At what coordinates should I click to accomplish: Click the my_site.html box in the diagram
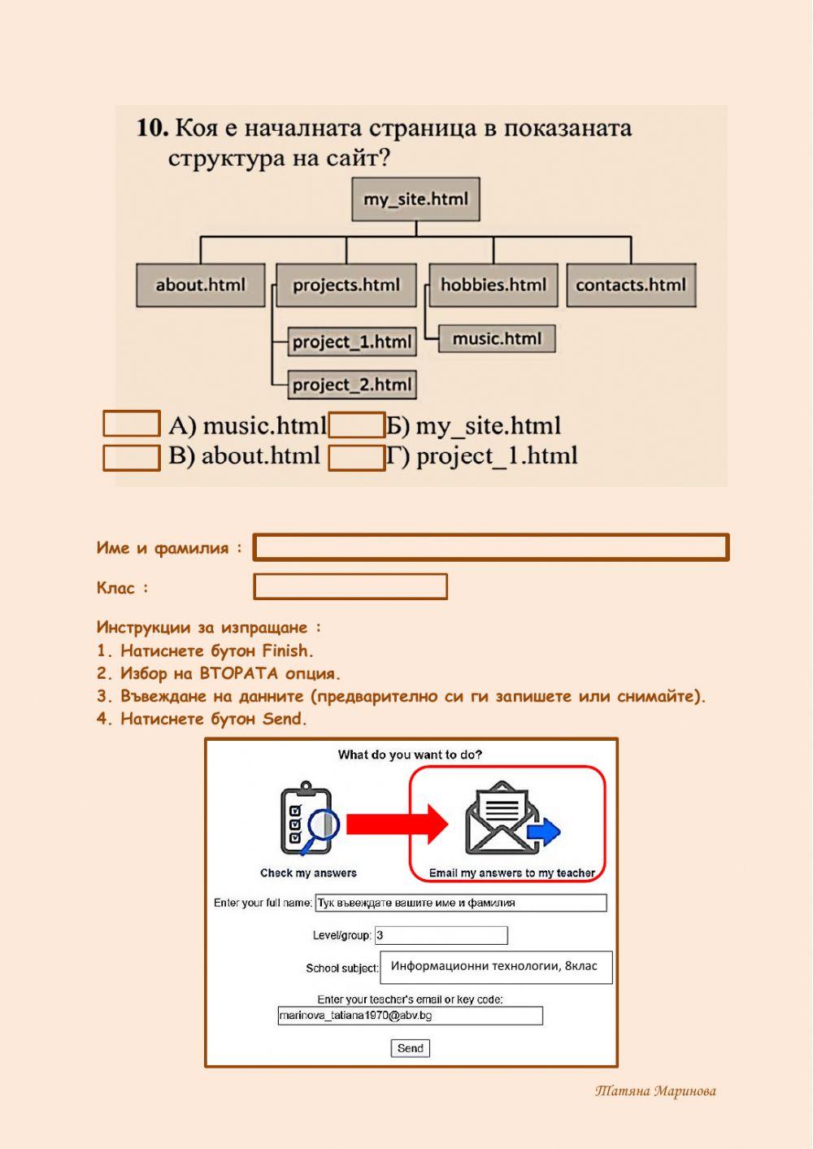pyautogui.click(x=415, y=199)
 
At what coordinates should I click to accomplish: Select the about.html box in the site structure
pyautogui.click(x=200, y=285)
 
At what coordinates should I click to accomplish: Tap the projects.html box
pyautogui.click(x=346, y=285)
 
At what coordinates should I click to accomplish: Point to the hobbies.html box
pyautogui.click(x=493, y=285)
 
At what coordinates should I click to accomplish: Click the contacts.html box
pyautogui.click(x=631, y=285)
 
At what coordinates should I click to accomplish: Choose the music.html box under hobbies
pyautogui.click(x=497, y=338)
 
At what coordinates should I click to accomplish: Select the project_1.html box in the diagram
pyautogui.click(x=352, y=342)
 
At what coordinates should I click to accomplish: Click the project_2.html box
pyautogui.click(x=352, y=385)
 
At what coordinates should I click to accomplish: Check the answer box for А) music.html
pyautogui.click(x=131, y=424)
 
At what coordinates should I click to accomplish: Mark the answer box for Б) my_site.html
pyautogui.click(x=356, y=425)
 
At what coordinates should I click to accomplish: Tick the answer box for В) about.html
pyautogui.click(x=131, y=457)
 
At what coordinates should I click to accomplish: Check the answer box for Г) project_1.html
pyautogui.click(x=356, y=458)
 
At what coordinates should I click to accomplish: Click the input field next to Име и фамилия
pyautogui.click(x=491, y=547)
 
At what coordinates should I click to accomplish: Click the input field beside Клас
pyautogui.click(x=350, y=586)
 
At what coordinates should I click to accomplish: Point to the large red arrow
pyautogui.click(x=397, y=824)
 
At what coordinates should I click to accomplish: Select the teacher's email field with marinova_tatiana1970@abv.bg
pyautogui.click(x=410, y=1016)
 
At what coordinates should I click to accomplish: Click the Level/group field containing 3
pyautogui.click(x=441, y=935)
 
